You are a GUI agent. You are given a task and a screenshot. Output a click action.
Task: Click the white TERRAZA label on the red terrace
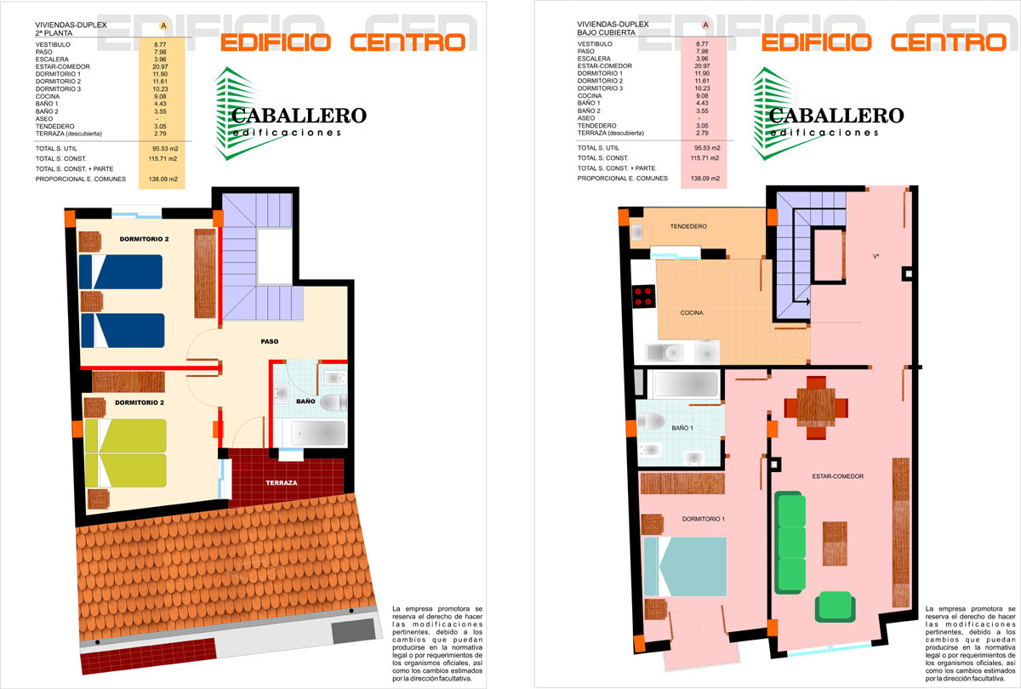point(282,482)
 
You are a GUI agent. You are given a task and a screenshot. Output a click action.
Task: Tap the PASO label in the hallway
point(270,341)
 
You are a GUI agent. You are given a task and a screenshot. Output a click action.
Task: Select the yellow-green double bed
point(125,453)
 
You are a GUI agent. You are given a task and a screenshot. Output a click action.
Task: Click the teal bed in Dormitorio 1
point(685,567)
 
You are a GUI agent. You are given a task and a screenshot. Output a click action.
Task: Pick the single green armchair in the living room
point(835,606)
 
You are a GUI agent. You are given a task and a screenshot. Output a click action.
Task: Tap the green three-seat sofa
point(790,543)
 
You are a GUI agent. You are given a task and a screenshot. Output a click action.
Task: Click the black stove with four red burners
point(643,296)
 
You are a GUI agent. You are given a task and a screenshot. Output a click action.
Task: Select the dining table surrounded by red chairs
point(816,407)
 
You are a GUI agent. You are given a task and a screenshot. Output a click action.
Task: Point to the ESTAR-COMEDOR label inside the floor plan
point(838,476)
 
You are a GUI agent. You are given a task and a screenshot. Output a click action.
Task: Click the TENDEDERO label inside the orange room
point(688,226)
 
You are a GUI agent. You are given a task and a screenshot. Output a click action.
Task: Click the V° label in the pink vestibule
point(876,257)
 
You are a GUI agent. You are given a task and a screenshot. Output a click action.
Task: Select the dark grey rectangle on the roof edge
point(353,630)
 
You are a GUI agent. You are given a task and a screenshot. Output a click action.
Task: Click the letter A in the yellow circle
point(163,26)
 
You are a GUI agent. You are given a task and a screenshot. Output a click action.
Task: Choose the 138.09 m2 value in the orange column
point(163,179)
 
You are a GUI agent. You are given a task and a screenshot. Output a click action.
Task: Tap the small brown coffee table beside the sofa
point(835,544)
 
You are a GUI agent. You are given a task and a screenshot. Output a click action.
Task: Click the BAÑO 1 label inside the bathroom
point(682,428)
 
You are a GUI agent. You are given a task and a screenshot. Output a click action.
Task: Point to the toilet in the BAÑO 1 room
point(651,422)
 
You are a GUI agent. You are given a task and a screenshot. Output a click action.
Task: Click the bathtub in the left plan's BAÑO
point(318,432)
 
